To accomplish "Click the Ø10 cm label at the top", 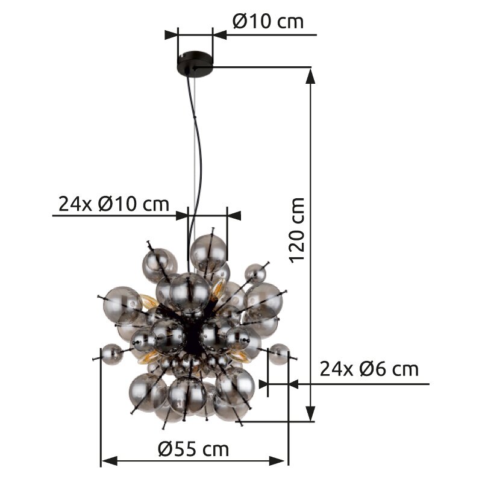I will click(268, 22).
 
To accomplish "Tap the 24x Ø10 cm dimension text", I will click(113, 204).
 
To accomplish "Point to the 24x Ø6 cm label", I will click(369, 368).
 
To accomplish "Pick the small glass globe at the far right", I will click(278, 354).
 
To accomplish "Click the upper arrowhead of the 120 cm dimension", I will click(311, 75).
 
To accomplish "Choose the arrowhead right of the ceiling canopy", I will click(220, 34).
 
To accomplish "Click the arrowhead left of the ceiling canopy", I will click(171, 34).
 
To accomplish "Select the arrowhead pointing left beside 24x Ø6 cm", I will click(296, 383).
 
